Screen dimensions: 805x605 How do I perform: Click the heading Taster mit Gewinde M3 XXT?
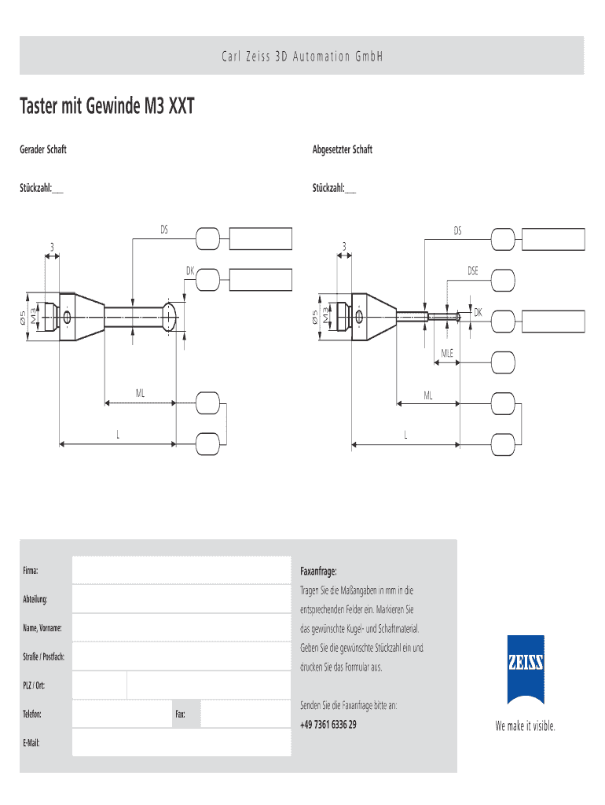[x=107, y=106]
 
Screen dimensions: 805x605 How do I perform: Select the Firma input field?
[x=181, y=570]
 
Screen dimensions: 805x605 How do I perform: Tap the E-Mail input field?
[x=181, y=742]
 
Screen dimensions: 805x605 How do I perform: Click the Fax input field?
[x=245, y=714]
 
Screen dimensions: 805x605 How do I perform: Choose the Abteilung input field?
[x=181, y=599]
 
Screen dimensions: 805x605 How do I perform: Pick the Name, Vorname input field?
[x=181, y=627]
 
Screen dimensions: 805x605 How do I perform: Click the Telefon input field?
[x=122, y=714]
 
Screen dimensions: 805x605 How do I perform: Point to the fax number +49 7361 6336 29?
[x=328, y=724]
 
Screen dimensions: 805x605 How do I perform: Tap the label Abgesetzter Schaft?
[x=343, y=149]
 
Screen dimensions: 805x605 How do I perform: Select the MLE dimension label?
[x=447, y=353]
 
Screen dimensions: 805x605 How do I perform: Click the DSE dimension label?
[x=473, y=271]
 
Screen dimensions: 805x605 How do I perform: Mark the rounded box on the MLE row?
[x=504, y=362]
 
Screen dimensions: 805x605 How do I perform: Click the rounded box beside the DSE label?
[x=504, y=279]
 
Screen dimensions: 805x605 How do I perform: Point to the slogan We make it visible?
[x=525, y=726]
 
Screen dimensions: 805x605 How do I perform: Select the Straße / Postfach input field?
[x=181, y=656]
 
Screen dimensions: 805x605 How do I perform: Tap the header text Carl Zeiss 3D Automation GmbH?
[x=302, y=57]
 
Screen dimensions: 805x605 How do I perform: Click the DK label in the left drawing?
[x=189, y=271]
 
